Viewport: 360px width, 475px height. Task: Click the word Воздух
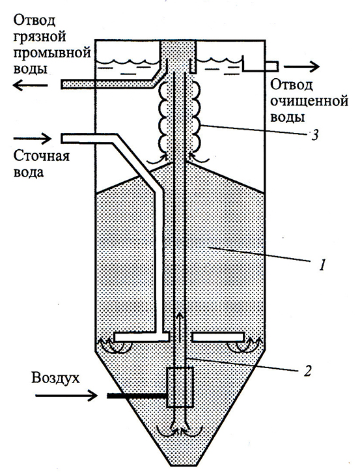(x=55, y=379)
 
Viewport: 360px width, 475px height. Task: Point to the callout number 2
(x=307, y=370)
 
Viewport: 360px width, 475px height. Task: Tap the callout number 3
(x=314, y=135)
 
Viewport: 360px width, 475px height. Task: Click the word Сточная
(x=42, y=156)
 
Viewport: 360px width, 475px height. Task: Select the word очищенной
(x=309, y=101)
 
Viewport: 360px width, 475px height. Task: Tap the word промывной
(x=52, y=53)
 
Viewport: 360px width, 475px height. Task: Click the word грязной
(x=40, y=38)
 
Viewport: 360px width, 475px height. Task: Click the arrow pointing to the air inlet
(x=66, y=395)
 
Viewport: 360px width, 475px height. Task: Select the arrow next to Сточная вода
(x=33, y=139)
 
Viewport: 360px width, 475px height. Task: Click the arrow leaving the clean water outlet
(x=301, y=66)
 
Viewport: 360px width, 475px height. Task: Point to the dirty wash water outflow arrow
(x=30, y=85)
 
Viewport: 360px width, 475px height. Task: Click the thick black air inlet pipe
(x=137, y=396)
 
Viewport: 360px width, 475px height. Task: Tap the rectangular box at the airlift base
(x=180, y=387)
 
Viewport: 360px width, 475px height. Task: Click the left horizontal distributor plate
(x=141, y=337)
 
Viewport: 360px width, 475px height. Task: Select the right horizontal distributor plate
(x=218, y=337)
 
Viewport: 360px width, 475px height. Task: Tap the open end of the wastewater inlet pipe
(x=62, y=138)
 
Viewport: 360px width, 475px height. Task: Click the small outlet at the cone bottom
(x=180, y=461)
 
